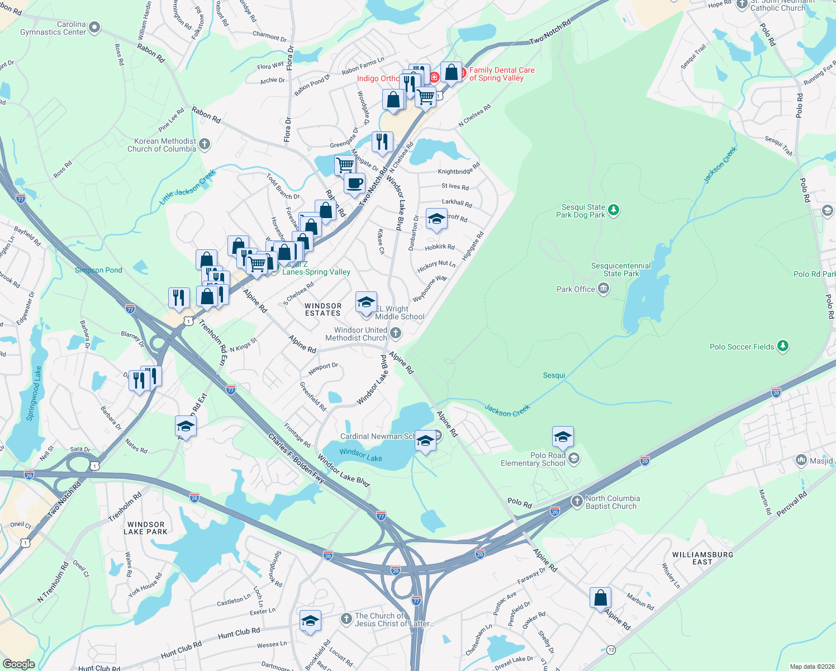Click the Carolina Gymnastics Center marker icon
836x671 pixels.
(x=94, y=27)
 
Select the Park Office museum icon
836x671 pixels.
(x=603, y=289)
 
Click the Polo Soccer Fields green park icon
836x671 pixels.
(x=783, y=347)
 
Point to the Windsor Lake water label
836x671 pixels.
(x=360, y=455)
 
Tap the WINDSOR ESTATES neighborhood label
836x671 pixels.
(x=323, y=310)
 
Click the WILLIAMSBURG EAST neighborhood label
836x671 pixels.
(x=702, y=558)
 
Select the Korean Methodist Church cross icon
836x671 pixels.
(x=205, y=145)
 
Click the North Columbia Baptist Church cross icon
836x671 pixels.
(x=577, y=502)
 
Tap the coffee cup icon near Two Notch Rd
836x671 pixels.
(x=354, y=183)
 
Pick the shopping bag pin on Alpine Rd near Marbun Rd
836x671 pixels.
(x=600, y=598)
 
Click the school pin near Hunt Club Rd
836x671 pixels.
(x=310, y=621)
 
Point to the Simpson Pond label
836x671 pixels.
(x=98, y=270)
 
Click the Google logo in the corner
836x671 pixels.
(x=18, y=664)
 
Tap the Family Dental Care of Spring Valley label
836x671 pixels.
(x=501, y=74)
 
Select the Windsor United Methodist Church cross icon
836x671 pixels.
(x=396, y=334)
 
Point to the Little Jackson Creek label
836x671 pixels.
(x=187, y=187)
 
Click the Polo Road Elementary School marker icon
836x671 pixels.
(x=573, y=459)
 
